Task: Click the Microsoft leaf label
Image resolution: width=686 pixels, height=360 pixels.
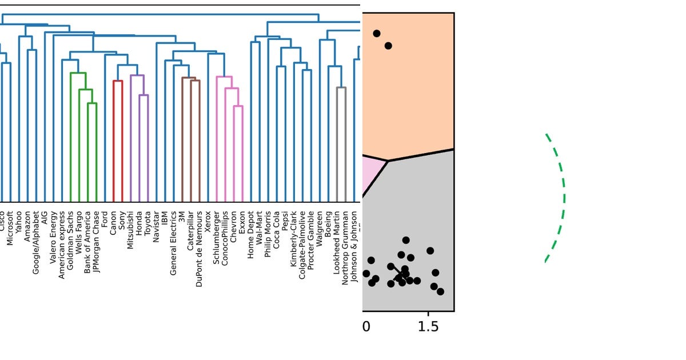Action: (10, 228)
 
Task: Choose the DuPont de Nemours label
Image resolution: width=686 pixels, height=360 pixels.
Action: (199, 249)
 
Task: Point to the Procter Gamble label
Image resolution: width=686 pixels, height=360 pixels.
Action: (311, 240)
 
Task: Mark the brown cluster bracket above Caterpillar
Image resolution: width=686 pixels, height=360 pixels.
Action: (191, 79)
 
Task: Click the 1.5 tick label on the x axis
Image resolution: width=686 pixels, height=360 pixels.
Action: (428, 327)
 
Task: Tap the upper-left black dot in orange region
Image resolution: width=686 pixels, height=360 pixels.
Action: (376, 33)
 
